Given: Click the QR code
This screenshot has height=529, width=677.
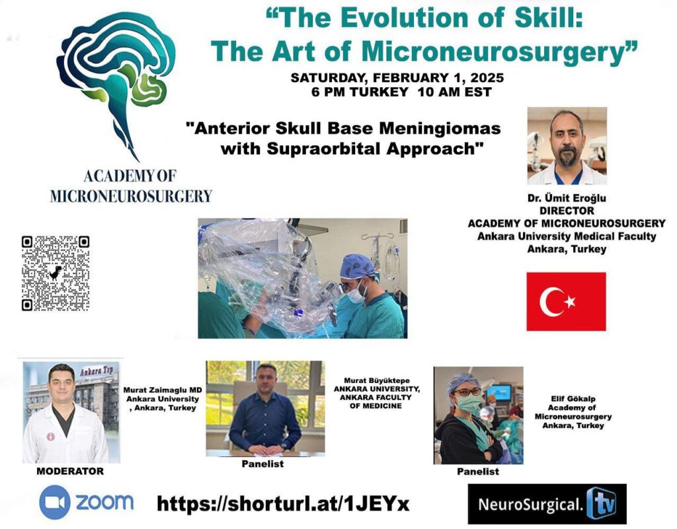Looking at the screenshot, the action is [x=56, y=273].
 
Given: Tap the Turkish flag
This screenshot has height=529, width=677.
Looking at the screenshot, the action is [x=566, y=301].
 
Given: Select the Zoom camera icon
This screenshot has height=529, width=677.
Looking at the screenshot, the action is [x=54, y=502].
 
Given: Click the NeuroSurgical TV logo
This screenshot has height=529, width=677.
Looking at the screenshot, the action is [x=547, y=503].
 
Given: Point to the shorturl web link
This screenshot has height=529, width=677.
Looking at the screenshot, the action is [x=283, y=503].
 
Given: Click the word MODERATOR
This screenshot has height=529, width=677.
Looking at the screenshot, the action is [x=70, y=472].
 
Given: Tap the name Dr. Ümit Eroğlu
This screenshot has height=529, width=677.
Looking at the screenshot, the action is [x=567, y=198].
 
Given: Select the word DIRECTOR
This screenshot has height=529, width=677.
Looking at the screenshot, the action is [x=567, y=211].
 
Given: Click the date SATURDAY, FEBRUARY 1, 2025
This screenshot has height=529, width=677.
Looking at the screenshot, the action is [x=397, y=78].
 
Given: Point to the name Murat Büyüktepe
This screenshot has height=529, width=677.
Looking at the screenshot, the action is [x=376, y=380].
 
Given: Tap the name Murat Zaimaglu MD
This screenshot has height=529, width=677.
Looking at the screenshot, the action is [x=163, y=390].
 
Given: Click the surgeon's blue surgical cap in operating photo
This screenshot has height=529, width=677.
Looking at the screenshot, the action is [x=357, y=266].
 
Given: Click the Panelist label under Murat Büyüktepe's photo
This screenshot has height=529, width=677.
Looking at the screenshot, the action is [x=262, y=464].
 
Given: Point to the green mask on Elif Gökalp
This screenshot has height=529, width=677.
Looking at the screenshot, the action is [x=468, y=404].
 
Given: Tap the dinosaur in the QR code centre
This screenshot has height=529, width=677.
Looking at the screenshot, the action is [x=56, y=273].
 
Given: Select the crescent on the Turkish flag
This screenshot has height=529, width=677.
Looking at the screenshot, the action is [x=548, y=301].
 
